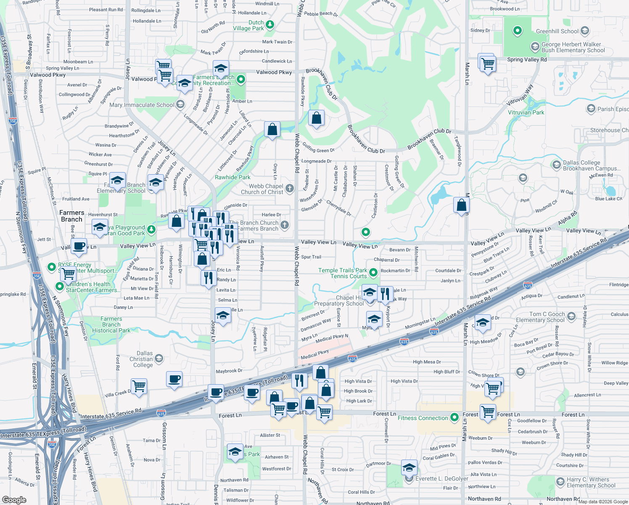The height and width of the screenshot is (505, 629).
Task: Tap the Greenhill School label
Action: click(x=557, y=31)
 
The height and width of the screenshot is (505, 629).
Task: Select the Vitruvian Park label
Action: click(x=526, y=112)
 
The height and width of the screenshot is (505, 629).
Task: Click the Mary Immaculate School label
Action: click(x=142, y=105)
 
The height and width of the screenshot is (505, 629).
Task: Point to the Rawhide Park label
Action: click(x=233, y=177)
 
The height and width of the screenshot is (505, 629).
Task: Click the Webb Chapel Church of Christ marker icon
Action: click(x=290, y=188)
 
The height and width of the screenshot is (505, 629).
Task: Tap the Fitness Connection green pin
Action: click(x=454, y=417)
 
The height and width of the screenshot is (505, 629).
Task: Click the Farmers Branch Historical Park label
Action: click(x=111, y=324)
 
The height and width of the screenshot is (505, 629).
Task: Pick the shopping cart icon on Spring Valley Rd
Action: click(x=488, y=64)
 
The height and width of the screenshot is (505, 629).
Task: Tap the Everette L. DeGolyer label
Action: click(x=441, y=478)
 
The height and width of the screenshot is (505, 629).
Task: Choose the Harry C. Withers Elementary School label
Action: click(x=591, y=482)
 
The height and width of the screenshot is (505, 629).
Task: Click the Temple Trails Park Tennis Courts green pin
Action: click(x=373, y=273)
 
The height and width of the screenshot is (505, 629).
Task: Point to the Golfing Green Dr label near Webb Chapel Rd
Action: click(x=318, y=149)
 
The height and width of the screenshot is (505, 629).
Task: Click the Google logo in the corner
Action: click(x=14, y=500)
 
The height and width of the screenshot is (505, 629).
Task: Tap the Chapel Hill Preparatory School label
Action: click(x=339, y=300)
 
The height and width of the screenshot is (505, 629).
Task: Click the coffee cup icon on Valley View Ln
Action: click(x=79, y=246)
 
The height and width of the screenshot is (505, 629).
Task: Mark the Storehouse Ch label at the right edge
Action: click(x=609, y=130)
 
